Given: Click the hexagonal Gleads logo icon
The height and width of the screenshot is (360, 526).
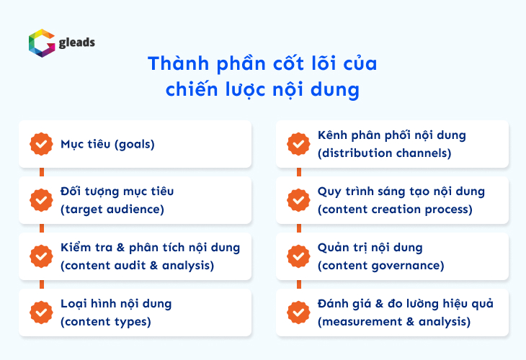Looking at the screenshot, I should pos(40,42).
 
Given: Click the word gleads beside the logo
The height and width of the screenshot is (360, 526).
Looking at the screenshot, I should pos(77,42).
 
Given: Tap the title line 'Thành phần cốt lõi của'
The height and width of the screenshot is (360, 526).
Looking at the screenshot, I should pos(262,63).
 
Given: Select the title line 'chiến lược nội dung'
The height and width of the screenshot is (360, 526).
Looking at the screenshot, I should pos(262,91).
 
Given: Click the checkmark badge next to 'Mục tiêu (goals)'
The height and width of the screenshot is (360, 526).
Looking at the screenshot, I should pos(41,144).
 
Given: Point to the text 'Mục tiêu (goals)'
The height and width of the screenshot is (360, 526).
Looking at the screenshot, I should pos(108,144).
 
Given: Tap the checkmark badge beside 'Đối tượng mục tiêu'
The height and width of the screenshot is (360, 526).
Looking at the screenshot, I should pos(41,200).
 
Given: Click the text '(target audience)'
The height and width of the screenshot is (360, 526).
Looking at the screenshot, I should pos(112,210).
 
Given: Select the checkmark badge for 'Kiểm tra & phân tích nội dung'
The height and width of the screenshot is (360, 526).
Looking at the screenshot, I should pos(41,256).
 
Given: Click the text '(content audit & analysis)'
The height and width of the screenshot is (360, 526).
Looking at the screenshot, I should pos(138,265).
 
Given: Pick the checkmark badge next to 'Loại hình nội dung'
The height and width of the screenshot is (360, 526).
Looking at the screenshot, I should pos(41,312).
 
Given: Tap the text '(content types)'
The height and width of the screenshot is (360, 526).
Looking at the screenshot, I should pos(106,322).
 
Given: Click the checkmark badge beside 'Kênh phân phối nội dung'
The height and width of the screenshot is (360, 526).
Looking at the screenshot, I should pos(298,144).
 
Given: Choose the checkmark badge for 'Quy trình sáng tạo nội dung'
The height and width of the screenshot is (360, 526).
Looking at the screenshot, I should pos(298,200).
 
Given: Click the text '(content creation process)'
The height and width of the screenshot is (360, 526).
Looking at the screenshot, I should pos(395,210).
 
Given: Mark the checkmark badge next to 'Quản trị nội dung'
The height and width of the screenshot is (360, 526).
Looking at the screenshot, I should pos(298,256).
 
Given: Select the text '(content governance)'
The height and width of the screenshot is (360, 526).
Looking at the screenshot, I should pos(380,266).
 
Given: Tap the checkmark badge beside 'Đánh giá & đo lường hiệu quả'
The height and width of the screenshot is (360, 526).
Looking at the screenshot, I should pos(298,312).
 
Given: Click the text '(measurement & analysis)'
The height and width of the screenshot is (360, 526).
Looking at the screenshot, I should pos(394,322).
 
